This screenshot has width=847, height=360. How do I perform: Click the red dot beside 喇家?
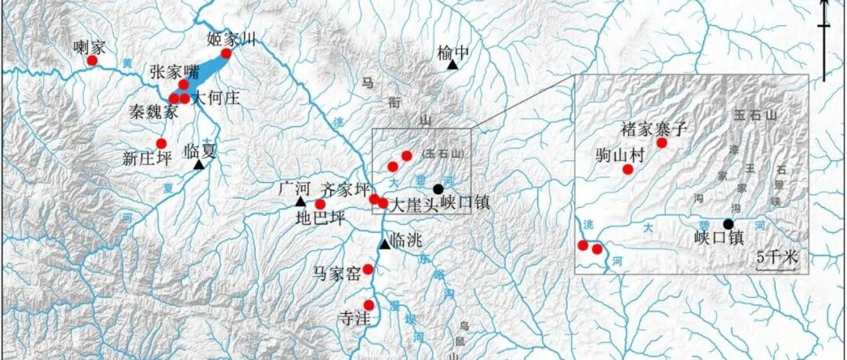pos(92,60)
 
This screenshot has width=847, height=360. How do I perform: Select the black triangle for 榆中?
pos(453,64)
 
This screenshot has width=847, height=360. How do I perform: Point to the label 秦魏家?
pos(153,112)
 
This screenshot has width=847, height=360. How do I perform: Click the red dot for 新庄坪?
pos(162,144)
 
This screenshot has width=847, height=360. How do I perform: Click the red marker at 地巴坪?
pos(320,205)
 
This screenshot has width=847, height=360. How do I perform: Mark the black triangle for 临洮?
pos(384,245)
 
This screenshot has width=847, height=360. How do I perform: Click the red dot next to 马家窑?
pos(368,269)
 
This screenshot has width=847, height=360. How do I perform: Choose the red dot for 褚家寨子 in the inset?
pos(662,143)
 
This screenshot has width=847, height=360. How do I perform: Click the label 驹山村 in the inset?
pos(620,155)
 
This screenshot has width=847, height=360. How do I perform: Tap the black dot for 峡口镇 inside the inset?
pos(729,224)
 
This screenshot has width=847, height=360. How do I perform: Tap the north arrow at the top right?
pos(824,31)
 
